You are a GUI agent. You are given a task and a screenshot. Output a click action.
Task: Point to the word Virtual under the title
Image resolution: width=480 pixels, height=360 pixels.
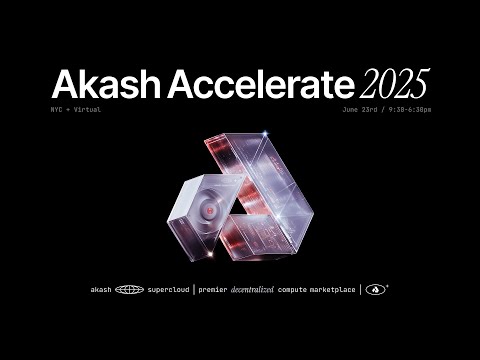87,109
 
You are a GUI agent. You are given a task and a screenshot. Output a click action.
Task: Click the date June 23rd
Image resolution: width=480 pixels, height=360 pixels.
363,109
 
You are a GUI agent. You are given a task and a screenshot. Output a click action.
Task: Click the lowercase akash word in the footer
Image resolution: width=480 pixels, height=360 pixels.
100,290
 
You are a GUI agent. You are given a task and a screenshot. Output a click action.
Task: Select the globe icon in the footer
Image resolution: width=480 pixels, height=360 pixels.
129,290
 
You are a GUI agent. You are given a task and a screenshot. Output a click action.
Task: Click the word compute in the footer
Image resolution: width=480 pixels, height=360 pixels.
307,290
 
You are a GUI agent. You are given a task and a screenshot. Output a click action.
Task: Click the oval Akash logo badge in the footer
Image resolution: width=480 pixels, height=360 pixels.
377,290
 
